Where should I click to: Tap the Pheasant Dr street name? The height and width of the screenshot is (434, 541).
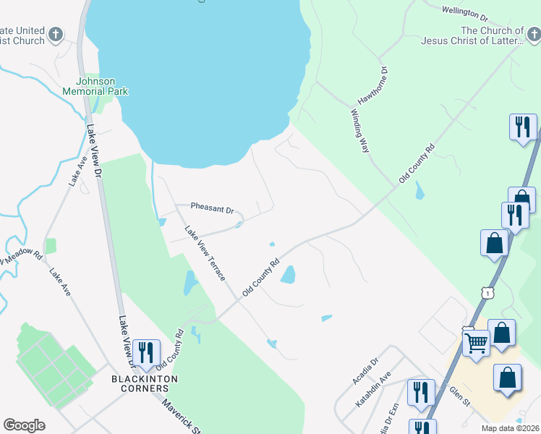(x=212, y=208)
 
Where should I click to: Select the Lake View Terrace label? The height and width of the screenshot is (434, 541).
(x=205, y=254)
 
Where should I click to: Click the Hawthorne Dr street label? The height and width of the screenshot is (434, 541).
(x=373, y=88)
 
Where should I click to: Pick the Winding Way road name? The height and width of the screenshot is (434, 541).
(x=360, y=130)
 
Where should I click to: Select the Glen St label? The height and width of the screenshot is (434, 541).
(x=460, y=397)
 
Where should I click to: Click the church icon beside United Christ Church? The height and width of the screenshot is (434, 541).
(x=56, y=34)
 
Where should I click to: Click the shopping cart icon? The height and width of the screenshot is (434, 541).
(x=475, y=342)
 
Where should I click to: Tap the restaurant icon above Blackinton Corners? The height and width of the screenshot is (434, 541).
(x=146, y=352)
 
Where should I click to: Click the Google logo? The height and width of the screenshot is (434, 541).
(x=24, y=425)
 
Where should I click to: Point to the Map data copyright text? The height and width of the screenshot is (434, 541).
(x=511, y=428)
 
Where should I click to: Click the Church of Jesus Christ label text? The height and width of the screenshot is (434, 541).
(x=492, y=36)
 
